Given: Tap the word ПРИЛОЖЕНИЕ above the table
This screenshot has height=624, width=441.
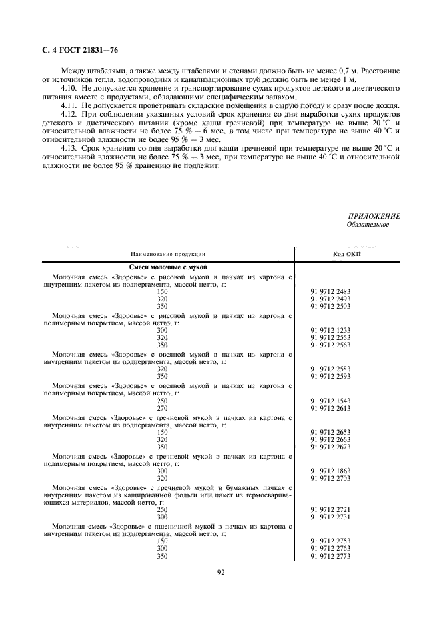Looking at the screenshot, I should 374,217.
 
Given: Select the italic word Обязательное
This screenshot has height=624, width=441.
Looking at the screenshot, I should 368,225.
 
